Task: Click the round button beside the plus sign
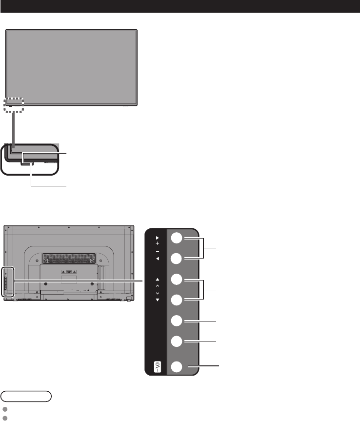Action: point(177,238)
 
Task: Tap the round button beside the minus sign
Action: point(177,259)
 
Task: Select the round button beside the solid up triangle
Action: point(177,280)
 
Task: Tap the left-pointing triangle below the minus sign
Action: point(157,259)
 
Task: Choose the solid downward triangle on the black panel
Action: point(157,300)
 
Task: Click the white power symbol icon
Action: point(157,365)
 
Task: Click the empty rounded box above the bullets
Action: point(26,395)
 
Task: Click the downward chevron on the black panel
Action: point(157,294)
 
